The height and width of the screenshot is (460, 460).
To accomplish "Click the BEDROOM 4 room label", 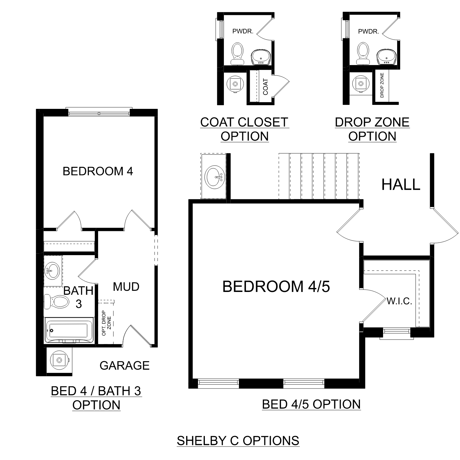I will [x=98, y=171].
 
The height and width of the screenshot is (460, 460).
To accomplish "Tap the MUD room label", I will [x=126, y=287].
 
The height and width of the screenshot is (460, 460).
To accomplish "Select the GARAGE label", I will [x=125, y=366].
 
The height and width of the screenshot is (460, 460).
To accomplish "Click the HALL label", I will [x=401, y=185].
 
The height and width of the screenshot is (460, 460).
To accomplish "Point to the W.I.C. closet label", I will [x=399, y=301].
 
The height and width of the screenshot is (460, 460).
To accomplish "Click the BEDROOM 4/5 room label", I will [x=276, y=287].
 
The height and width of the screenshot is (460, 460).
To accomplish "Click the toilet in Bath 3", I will [x=56, y=302].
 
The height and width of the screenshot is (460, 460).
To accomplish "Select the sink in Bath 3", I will [x=52, y=270].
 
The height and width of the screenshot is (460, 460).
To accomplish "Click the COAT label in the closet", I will [x=266, y=86].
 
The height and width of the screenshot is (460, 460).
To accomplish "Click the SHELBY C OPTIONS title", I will [x=238, y=441].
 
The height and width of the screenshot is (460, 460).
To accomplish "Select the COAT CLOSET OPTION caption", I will [x=244, y=129].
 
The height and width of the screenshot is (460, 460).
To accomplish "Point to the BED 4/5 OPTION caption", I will [x=311, y=404].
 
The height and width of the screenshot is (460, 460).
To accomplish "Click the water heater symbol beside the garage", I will [x=59, y=360].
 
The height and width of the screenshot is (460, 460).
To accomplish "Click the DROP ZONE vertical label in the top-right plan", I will [x=382, y=85].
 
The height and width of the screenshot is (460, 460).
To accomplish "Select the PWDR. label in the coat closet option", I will [x=243, y=31].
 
